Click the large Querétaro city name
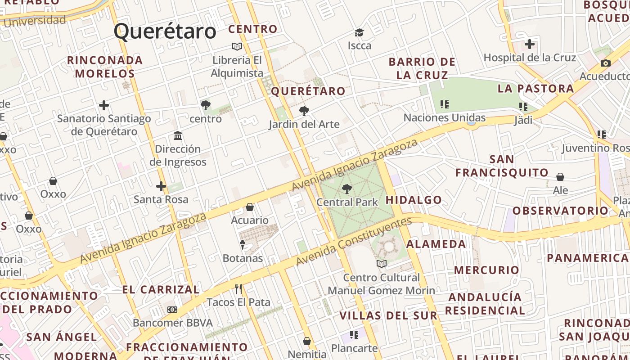pyautogui.click(x=165, y=31)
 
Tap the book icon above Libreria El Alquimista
pyautogui.click(x=237, y=46)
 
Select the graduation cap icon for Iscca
pyautogui.click(x=359, y=32)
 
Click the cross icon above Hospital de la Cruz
pyautogui.click(x=530, y=44)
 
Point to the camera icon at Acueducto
pyautogui.click(x=606, y=63)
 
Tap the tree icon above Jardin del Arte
pyautogui.click(x=304, y=111)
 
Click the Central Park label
pyautogui.click(x=347, y=202)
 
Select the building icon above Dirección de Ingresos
pyautogui.click(x=178, y=135)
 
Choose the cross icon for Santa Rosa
pyautogui.click(x=161, y=186)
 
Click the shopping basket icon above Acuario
pyautogui.click(x=250, y=207)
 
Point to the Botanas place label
pyautogui.click(x=243, y=258)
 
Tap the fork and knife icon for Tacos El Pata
pyautogui.click(x=238, y=288)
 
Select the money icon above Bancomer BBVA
pyautogui.click(x=172, y=310)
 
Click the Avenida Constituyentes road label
pyautogui.click(x=354, y=242)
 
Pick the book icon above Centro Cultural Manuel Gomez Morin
pyautogui.click(x=382, y=264)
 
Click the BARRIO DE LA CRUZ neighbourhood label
pyautogui.click(x=422, y=68)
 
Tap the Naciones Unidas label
pyautogui.click(x=444, y=118)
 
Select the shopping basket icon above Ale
pyautogui.click(x=560, y=177)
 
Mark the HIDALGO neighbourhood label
pyautogui.click(x=414, y=200)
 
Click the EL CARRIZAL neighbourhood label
pyautogui.click(x=161, y=290)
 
